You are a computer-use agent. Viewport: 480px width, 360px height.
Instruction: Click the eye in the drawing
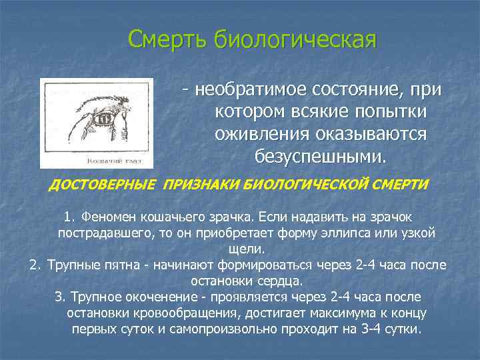click(x=106, y=117)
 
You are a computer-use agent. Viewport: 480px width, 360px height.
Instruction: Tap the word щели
click(x=246, y=249)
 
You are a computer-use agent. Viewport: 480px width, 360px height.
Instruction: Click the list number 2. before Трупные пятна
click(x=36, y=265)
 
